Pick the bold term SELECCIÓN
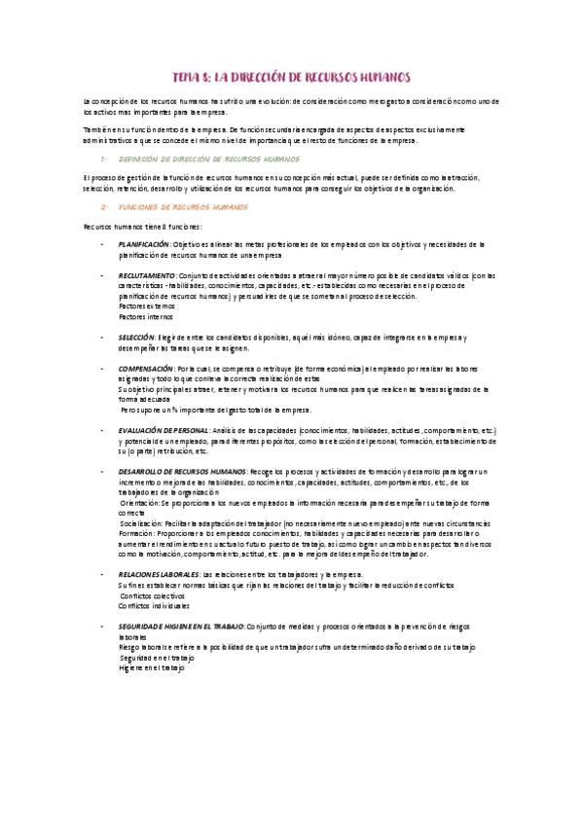tap(133, 337)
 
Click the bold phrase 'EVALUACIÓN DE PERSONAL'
tap(164, 430)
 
